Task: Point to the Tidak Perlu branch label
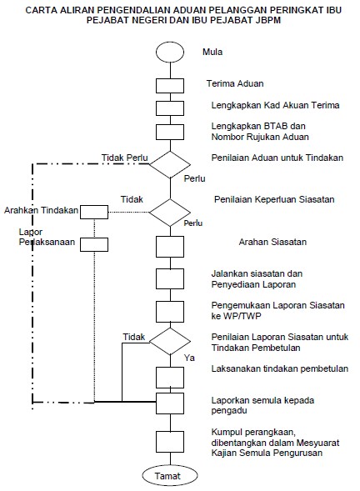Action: (125, 158)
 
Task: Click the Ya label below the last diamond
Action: (189, 358)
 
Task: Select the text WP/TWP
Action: (241, 316)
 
